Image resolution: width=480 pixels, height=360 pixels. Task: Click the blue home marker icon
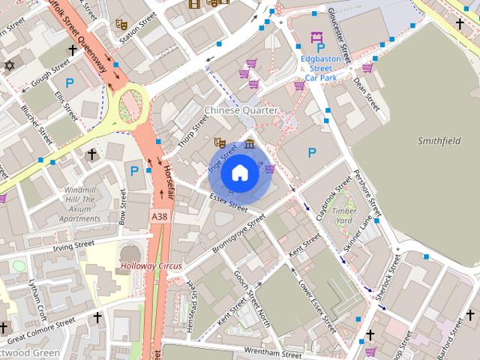(240, 173)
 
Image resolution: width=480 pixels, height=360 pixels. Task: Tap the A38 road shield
(159, 216)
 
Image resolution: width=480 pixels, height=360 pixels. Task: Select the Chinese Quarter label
(241, 110)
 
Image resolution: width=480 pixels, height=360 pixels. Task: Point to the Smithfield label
(439, 140)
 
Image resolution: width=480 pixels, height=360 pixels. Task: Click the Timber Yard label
(343, 216)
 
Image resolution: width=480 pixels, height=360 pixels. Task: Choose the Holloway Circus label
(152, 265)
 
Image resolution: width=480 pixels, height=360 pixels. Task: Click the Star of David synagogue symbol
(9, 65)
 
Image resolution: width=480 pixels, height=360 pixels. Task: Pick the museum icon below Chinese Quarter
(248, 144)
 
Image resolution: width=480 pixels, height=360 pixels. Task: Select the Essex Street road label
(228, 201)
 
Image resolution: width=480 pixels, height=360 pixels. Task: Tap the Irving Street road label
(73, 244)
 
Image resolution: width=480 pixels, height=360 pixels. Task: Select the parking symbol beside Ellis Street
(70, 84)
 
